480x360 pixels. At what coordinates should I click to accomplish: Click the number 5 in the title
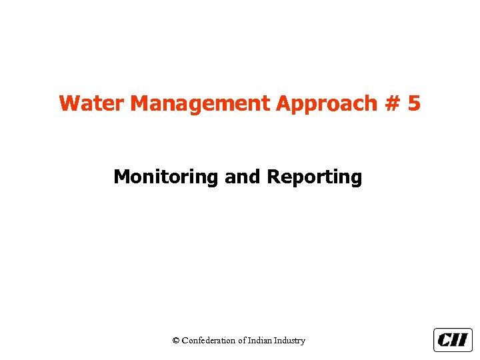(x=414, y=104)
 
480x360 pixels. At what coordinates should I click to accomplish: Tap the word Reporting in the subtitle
(x=315, y=177)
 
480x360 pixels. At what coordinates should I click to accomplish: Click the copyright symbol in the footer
(x=176, y=341)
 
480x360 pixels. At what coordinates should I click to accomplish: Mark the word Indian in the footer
(x=261, y=341)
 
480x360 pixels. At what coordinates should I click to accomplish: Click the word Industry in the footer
(x=291, y=341)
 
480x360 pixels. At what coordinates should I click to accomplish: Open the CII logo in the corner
(x=453, y=340)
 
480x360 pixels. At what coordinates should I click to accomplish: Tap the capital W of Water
(x=68, y=104)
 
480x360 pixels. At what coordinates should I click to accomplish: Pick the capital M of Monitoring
(x=121, y=177)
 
